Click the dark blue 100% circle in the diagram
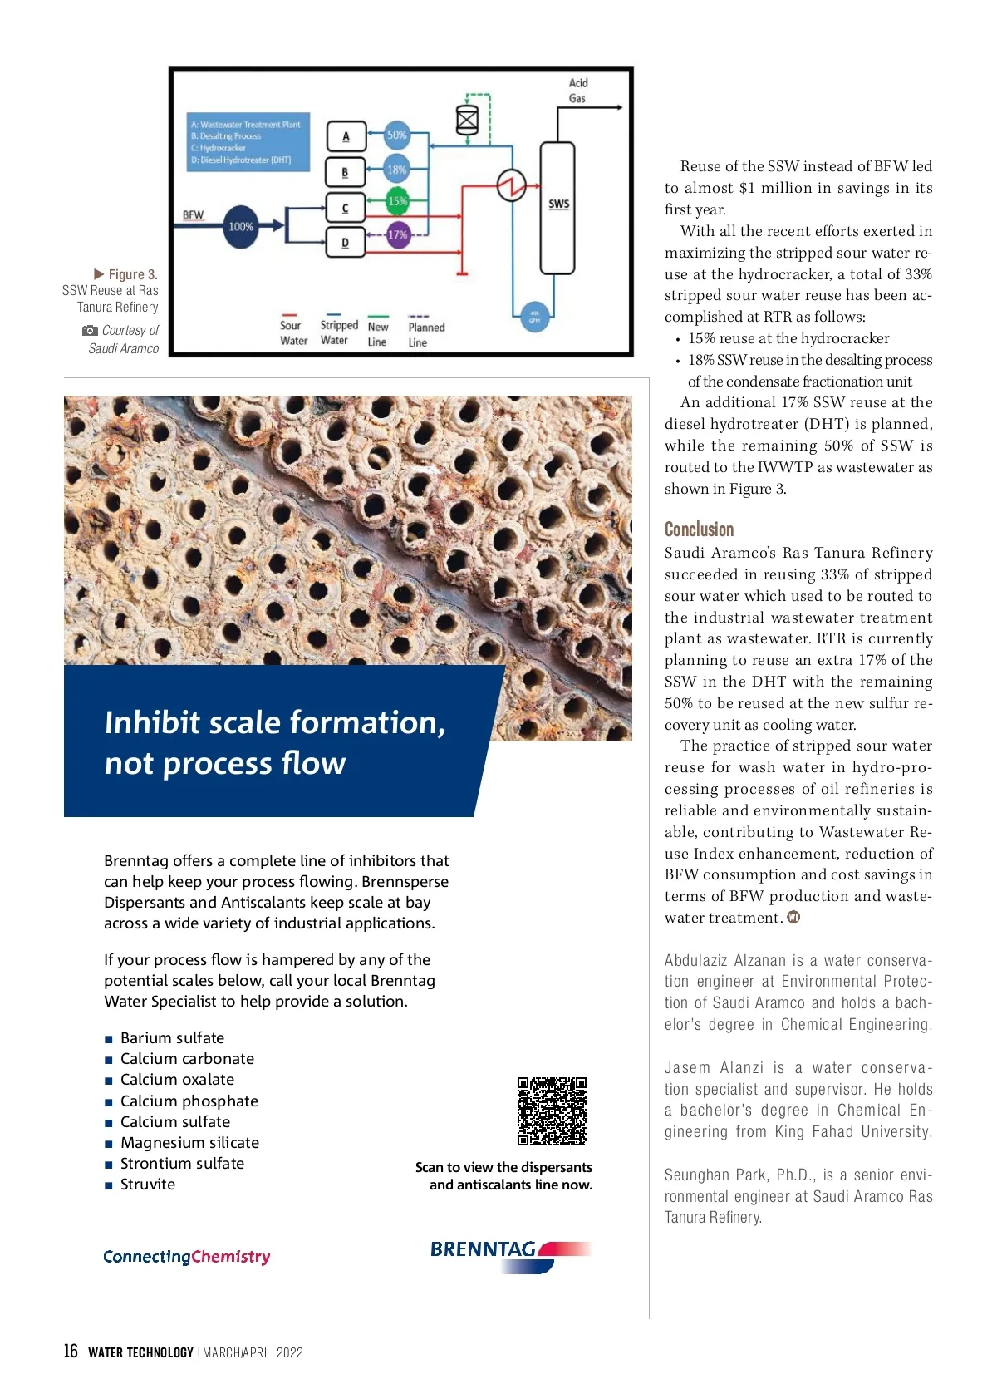pyautogui.click(x=241, y=226)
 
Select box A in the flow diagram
pyautogui.click(x=346, y=136)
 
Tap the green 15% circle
pyautogui.click(x=398, y=201)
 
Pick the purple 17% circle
pyautogui.click(x=398, y=235)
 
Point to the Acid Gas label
pyautogui.click(x=578, y=91)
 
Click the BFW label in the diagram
pyautogui.click(x=193, y=214)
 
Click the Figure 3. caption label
pyautogui.click(x=132, y=274)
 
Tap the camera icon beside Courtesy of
pyautogui.click(x=90, y=331)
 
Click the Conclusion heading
pyautogui.click(x=699, y=529)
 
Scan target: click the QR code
pyautogui.click(x=552, y=1111)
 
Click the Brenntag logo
pyautogui.click(x=509, y=1253)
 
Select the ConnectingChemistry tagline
pyautogui.click(x=187, y=1257)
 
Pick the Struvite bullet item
pyautogui.click(x=148, y=1185)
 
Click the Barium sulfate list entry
pyautogui.click(x=172, y=1038)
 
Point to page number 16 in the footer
pyautogui.click(x=71, y=1352)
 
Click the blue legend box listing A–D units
pyautogui.click(x=249, y=142)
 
